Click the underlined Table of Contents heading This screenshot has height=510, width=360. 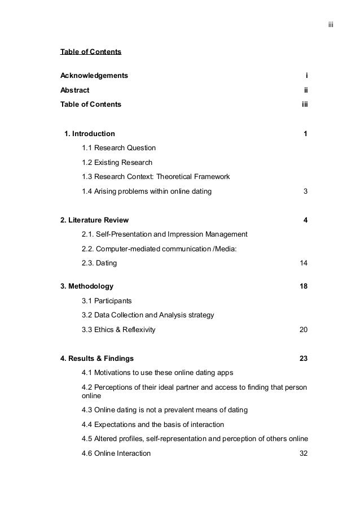pyautogui.click(x=90, y=52)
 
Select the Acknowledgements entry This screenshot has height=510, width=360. pyautogui.click(x=94, y=75)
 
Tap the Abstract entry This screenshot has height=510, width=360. pyautogui.click(x=74, y=90)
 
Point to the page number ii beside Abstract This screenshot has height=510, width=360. pyautogui.click(x=305, y=90)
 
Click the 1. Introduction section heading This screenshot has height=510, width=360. pyautogui.click(x=90, y=134)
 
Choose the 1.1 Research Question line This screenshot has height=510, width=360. pyautogui.click(x=118, y=148)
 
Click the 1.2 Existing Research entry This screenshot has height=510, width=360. pyautogui.click(x=117, y=163)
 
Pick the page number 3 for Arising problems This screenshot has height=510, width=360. pyautogui.click(x=305, y=191)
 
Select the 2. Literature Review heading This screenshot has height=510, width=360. pyautogui.click(x=94, y=220)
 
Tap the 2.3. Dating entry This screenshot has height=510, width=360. pyautogui.click(x=100, y=263)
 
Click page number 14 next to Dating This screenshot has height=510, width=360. pyautogui.click(x=303, y=263)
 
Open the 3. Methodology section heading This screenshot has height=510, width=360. pyautogui.click(x=87, y=286)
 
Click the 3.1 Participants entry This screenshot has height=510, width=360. pyautogui.click(x=107, y=300)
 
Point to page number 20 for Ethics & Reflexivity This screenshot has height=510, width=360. pyautogui.click(x=303, y=329)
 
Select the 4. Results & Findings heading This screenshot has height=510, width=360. pyautogui.click(x=97, y=358)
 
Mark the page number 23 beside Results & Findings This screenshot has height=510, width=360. pyautogui.click(x=303, y=358)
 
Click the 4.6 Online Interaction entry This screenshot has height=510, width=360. pyautogui.click(x=116, y=453)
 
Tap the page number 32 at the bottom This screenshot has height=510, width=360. pyautogui.click(x=303, y=453)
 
